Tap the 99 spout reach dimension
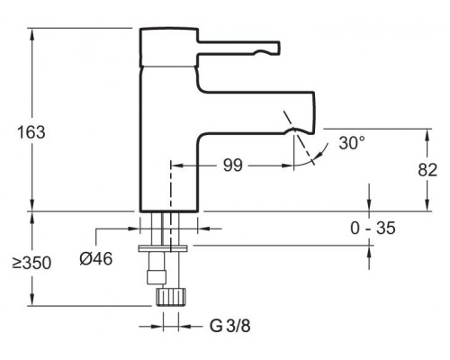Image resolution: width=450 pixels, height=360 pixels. pyautogui.click(x=232, y=166)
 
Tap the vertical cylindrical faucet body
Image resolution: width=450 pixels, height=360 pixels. pyautogui.click(x=168, y=135)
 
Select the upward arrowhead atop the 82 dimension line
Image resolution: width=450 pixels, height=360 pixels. pyautogui.click(x=425, y=132)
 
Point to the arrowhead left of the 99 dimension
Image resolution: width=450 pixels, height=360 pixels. pyautogui.click(x=175, y=166)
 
